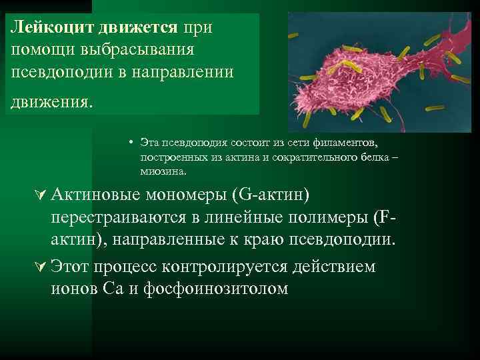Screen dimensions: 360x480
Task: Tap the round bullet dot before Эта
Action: (x=133, y=143)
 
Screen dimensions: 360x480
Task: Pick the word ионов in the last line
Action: (x=75, y=289)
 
